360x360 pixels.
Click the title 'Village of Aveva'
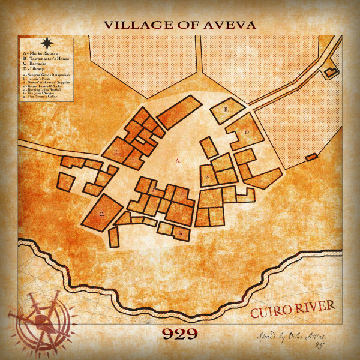pyautogui.click(x=180, y=25)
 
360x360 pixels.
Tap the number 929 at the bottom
pyautogui.click(x=179, y=334)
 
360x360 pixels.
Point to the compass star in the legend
pyautogui.click(x=47, y=43)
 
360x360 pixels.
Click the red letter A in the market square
pyautogui.click(x=178, y=161)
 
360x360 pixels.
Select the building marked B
pyautogui.click(x=227, y=110)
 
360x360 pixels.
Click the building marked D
pyautogui.click(x=246, y=133)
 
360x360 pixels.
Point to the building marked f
pyautogui.click(x=118, y=152)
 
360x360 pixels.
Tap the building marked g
pyautogui.click(x=207, y=177)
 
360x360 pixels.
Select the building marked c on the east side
pyautogui.click(x=262, y=179)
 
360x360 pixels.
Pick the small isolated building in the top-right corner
pyautogui.click(x=329, y=73)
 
